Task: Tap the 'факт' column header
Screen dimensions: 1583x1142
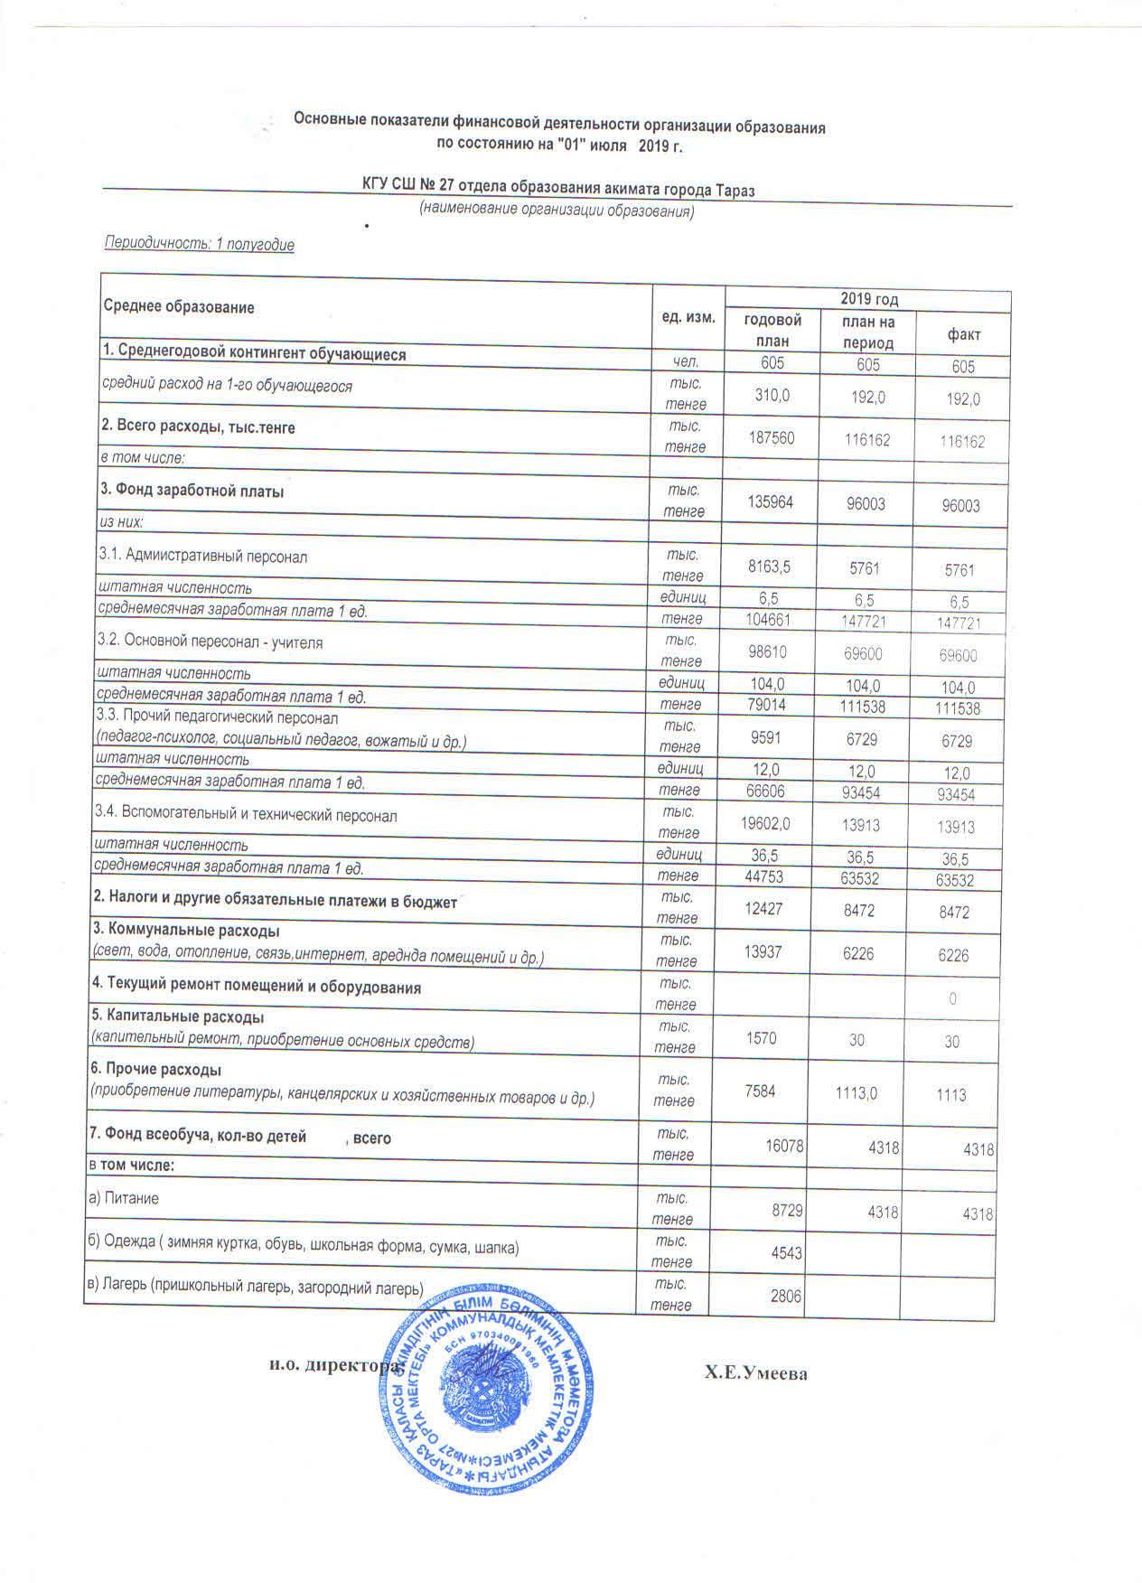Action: click(x=963, y=334)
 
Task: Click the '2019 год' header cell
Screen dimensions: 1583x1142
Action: click(x=868, y=299)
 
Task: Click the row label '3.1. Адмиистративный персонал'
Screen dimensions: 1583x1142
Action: click(x=203, y=556)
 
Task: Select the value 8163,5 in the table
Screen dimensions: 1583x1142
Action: click(x=770, y=567)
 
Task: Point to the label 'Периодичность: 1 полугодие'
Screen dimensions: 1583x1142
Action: click(x=200, y=244)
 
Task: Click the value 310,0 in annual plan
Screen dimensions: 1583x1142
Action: click(x=771, y=395)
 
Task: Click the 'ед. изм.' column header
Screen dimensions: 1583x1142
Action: click(x=688, y=317)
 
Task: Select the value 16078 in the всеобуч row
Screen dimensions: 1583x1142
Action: click(x=783, y=1146)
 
